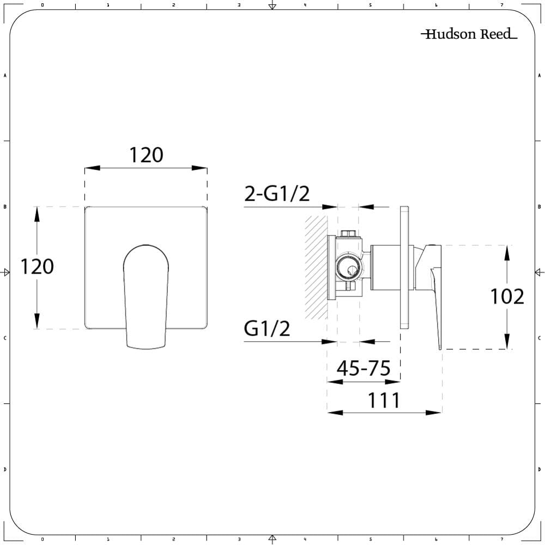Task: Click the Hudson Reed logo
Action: click(469, 34)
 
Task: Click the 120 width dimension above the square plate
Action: click(146, 155)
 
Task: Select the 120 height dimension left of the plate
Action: click(37, 267)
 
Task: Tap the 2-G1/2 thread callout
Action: click(277, 193)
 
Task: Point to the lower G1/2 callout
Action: click(267, 328)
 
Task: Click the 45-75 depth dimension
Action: click(363, 368)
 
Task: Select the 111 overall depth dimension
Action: click(384, 401)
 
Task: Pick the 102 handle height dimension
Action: click(507, 297)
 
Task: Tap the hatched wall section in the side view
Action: click(316, 267)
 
